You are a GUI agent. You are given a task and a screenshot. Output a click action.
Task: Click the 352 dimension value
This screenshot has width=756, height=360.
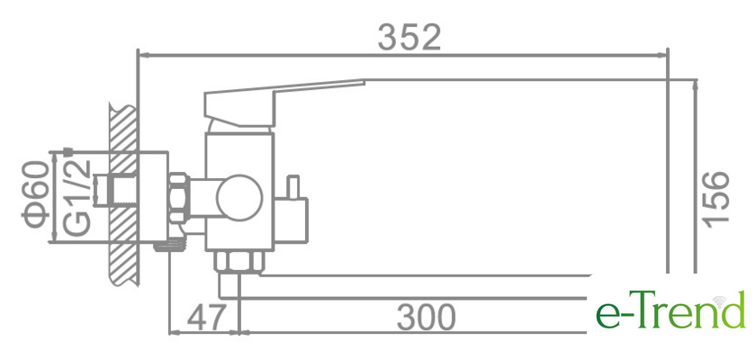click(409, 38)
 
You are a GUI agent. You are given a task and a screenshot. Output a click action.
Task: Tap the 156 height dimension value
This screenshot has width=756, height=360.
click(715, 197)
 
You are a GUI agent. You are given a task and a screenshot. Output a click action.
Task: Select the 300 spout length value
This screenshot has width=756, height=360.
click(426, 317)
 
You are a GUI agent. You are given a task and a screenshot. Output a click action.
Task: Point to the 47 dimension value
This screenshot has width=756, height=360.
click(206, 317)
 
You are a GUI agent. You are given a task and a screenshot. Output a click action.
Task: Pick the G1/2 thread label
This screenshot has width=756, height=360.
click(76, 198)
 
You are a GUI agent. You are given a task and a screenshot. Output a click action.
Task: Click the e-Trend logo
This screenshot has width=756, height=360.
click(670, 310)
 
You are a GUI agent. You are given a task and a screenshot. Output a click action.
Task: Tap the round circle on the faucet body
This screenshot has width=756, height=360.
click(239, 198)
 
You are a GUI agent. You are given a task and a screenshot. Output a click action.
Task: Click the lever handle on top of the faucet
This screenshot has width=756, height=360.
click(284, 100)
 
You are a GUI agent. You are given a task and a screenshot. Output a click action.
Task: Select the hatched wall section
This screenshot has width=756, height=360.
click(124, 194)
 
